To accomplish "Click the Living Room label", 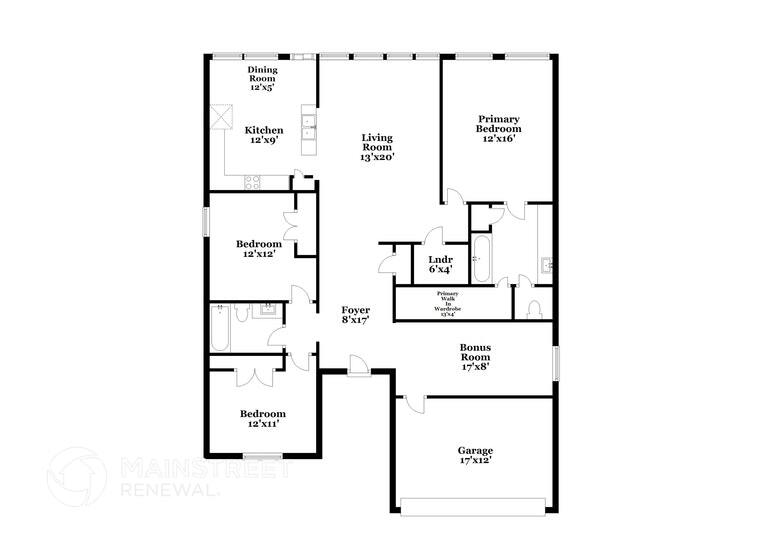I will pos(376,147).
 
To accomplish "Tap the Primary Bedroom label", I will pos(498,129).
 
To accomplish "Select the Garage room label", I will pos(475,455).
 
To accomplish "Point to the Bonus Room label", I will pos(475,356).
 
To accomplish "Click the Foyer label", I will pos(356,315).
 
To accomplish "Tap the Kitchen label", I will pos(264,135).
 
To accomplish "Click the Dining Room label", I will pos(263,78).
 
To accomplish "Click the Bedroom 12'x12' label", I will pos(256,248).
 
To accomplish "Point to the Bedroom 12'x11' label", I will pos(263,418).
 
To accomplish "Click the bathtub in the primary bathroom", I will pos(481,259).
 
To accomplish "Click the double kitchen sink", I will pos(310,128).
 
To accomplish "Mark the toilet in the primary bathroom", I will pos(533,307).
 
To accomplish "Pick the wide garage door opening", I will pos(474,501).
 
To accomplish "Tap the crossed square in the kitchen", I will pos(220,116).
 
